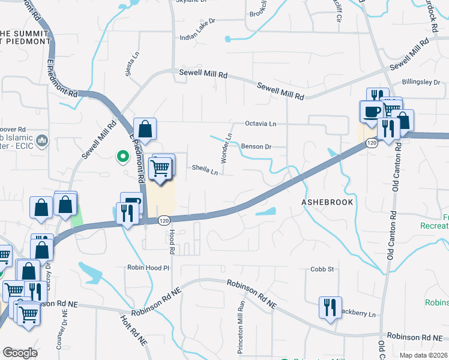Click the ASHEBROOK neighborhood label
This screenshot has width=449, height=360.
327,203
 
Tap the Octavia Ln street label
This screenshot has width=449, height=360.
261,124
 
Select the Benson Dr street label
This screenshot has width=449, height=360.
256,146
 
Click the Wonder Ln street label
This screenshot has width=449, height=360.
226,148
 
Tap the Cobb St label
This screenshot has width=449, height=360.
322,269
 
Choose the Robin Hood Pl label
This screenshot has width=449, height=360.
148,268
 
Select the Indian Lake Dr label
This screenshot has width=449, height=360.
197,37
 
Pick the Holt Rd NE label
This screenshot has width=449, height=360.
133,330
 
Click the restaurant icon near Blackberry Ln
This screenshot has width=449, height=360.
330,307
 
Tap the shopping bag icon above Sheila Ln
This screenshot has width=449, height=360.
145,128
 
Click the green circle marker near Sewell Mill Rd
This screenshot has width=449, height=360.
122,157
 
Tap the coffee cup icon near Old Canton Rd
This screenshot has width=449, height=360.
372,111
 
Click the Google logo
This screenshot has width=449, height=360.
20,353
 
